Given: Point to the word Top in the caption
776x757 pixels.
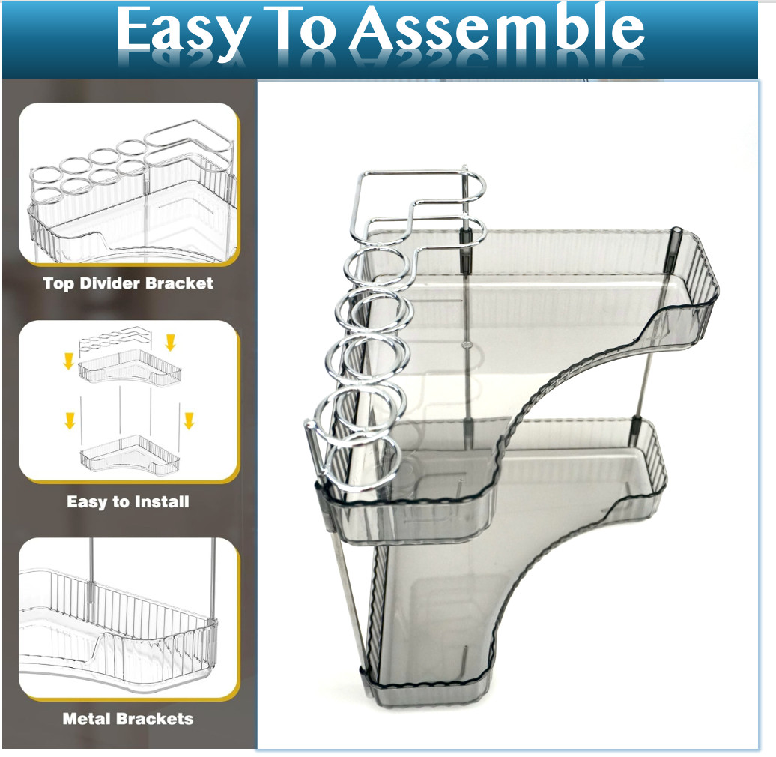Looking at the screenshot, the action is (x=58, y=283).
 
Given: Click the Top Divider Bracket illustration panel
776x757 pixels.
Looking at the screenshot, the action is (x=128, y=184).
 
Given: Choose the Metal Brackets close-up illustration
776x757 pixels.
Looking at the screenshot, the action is (x=128, y=618).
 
